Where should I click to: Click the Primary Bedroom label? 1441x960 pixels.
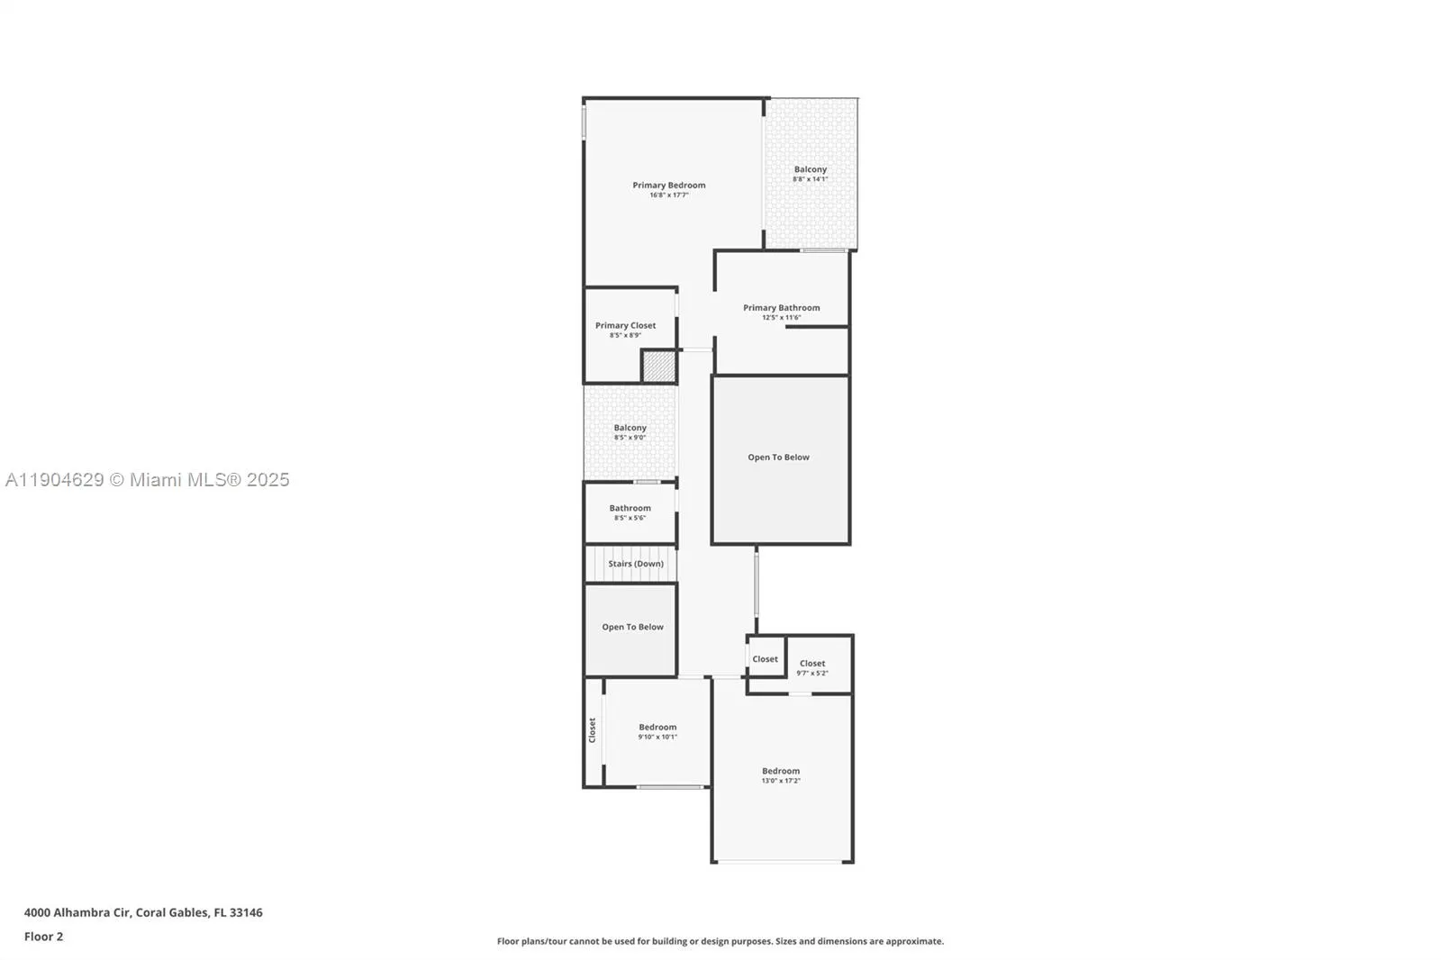[x=668, y=186]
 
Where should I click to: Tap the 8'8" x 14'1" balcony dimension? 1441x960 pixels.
[x=810, y=179]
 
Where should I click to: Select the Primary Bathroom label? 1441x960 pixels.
[x=781, y=308]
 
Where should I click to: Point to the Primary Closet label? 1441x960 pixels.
[x=625, y=326]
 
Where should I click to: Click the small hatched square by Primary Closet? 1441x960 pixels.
[x=658, y=366]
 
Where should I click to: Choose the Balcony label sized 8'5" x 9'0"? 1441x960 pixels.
[x=630, y=428]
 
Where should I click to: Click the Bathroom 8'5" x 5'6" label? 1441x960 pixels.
[x=630, y=508]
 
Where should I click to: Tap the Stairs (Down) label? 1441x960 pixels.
[x=635, y=564]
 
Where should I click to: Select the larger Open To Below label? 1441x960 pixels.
[x=778, y=457]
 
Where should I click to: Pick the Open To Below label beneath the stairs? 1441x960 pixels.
[x=632, y=627]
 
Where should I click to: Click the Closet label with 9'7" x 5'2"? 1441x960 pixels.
[x=811, y=664]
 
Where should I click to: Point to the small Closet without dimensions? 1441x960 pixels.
[x=765, y=659]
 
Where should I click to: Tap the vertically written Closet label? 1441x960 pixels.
[x=593, y=729]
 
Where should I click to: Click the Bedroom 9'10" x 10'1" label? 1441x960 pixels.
[x=657, y=728]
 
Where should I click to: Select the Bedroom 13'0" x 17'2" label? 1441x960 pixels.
[x=780, y=771]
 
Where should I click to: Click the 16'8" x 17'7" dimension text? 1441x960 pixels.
[x=668, y=195]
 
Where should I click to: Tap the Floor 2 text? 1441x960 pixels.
[x=43, y=937]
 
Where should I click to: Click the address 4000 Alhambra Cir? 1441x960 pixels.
[x=77, y=912]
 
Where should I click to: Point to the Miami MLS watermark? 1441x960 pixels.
[x=148, y=480]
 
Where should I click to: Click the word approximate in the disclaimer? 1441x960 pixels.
[x=915, y=941]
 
